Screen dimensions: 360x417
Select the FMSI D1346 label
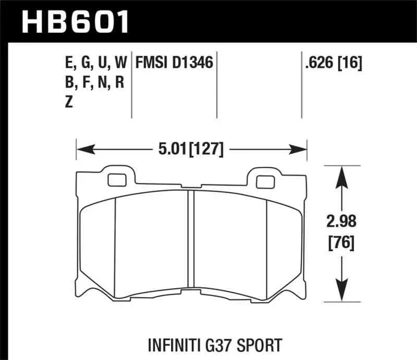pyautogui.click(x=174, y=64)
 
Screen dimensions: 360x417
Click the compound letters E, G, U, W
pyautogui.click(x=90, y=64)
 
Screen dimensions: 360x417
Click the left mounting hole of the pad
pyautogui.click(x=114, y=180)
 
